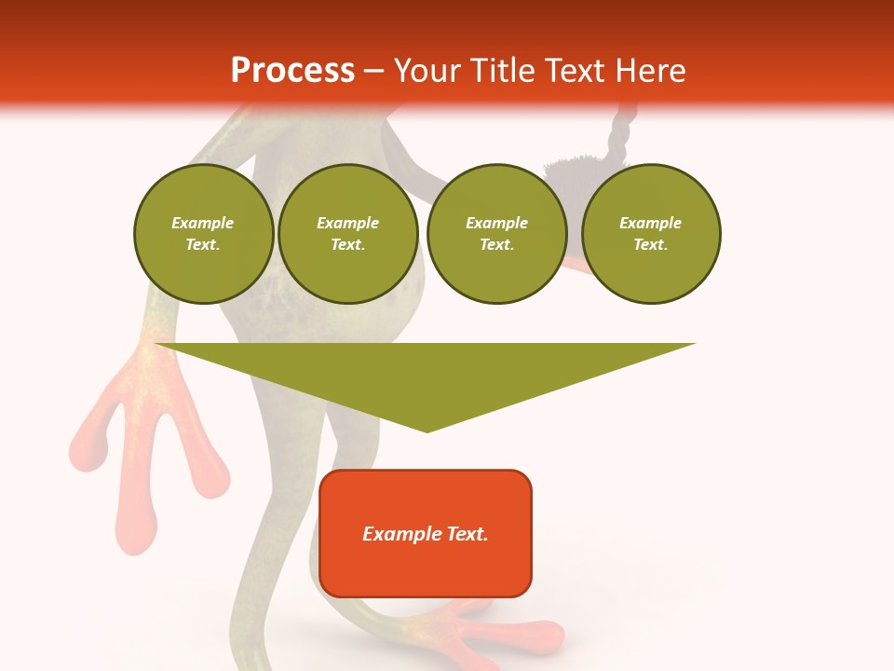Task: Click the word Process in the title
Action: pyautogui.click(x=292, y=71)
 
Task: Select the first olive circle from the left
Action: pyautogui.click(x=203, y=234)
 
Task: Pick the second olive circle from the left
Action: pyautogui.click(x=348, y=234)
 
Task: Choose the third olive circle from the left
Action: pyautogui.click(x=496, y=234)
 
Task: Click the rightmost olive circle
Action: pyautogui.click(x=651, y=234)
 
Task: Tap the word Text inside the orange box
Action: pyautogui.click(x=462, y=534)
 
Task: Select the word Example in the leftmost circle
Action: pyautogui.click(x=203, y=224)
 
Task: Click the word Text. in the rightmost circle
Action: pyautogui.click(x=651, y=245)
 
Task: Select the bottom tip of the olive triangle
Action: pyautogui.click(x=427, y=430)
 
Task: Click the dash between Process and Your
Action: pyautogui.click(x=373, y=71)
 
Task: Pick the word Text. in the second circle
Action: pyautogui.click(x=348, y=245)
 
